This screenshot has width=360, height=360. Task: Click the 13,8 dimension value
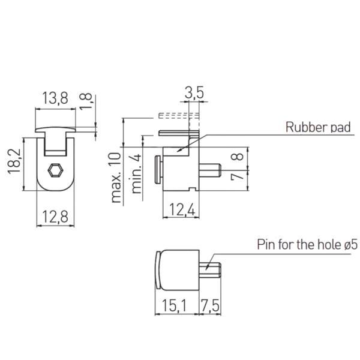tap(55, 98)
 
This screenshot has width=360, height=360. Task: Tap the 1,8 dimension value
tap(86, 101)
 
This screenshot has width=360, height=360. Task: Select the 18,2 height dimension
tap(14, 161)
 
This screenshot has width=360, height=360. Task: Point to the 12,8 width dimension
tap(55, 217)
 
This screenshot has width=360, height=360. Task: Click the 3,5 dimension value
tap(194, 93)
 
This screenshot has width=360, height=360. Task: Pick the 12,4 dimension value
tap(182, 209)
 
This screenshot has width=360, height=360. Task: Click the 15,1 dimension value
tap(175, 305)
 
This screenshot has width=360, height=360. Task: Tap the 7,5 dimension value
tap(210, 305)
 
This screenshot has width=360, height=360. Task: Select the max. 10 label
tap(116, 178)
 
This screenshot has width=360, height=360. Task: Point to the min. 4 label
tap(136, 174)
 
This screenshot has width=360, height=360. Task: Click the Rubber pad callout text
tap(318, 127)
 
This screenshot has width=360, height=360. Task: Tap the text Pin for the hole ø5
tap(307, 244)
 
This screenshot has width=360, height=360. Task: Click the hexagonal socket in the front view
tap(55, 170)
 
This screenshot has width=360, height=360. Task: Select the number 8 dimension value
tap(238, 157)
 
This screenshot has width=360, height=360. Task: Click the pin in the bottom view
tap(210, 270)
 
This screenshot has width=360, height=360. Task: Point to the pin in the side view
tap(210, 170)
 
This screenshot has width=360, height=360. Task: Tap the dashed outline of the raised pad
tap(179, 116)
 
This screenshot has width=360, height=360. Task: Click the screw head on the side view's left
tap(158, 170)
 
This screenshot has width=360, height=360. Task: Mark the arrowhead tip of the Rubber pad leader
tap(178, 152)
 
